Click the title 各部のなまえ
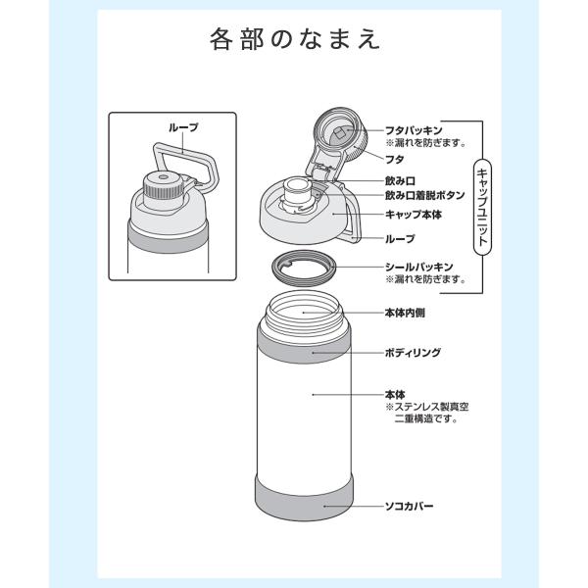[x=295, y=39]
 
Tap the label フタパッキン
[x=414, y=130]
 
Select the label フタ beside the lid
[x=395, y=160]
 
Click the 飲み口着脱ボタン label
[x=425, y=195]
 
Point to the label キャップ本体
[x=414, y=215]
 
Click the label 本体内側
[x=405, y=313]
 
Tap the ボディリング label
[x=413, y=353]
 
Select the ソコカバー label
[x=409, y=507]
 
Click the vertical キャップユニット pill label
[x=482, y=208]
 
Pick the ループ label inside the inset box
[x=183, y=127]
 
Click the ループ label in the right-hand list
[x=400, y=238]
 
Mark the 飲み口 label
[x=400, y=180]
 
